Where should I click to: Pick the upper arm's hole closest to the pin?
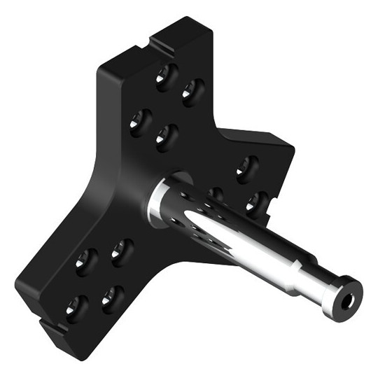[165, 136]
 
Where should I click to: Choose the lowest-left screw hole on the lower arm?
[76, 306]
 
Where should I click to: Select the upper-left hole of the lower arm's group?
[85, 261]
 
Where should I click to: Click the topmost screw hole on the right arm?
[246, 167]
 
